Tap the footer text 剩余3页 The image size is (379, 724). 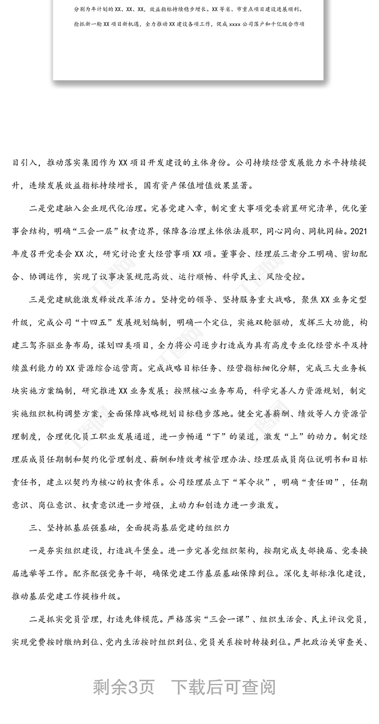124,687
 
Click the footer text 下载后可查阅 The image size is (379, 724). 223,687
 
